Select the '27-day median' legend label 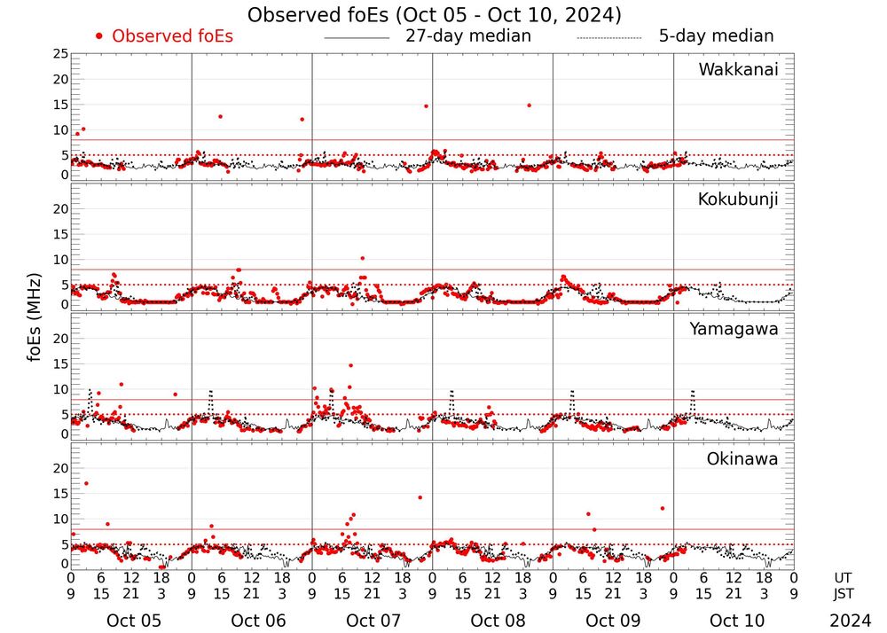coord(467,36)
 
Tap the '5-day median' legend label coord(716,36)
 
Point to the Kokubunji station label coord(738,199)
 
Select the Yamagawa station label coord(734,329)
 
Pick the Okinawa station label coord(742,458)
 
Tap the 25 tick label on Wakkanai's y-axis coord(59,54)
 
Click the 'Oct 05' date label coord(134,620)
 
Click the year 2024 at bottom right coord(851,620)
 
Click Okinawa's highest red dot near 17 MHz coord(86,483)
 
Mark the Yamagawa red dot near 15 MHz coord(351,365)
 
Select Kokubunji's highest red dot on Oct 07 coord(362,258)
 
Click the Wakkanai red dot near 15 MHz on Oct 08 coord(529,105)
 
